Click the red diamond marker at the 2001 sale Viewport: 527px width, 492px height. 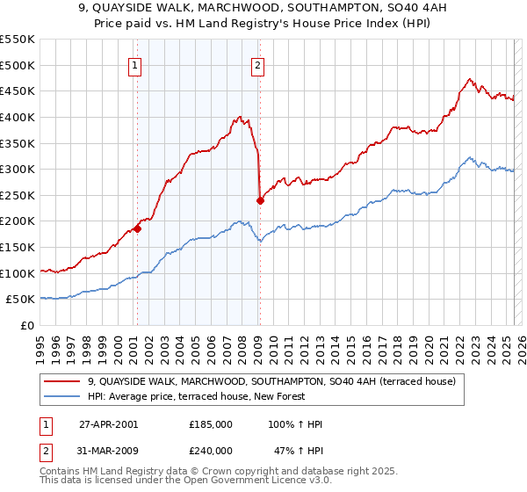(137, 229)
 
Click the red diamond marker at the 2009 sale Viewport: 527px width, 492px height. (260, 200)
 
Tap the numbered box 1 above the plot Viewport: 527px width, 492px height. (135, 63)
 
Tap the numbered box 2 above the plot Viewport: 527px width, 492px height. (258, 63)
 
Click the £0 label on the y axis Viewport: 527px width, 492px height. (26, 325)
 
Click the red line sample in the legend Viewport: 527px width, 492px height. (63, 382)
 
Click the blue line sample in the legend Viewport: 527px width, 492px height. (63, 396)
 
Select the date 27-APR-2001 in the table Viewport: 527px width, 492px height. (109, 424)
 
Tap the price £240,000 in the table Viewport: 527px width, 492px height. (211, 450)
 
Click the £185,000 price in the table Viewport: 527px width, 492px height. (211, 424)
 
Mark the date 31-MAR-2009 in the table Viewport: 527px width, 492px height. (109, 450)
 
